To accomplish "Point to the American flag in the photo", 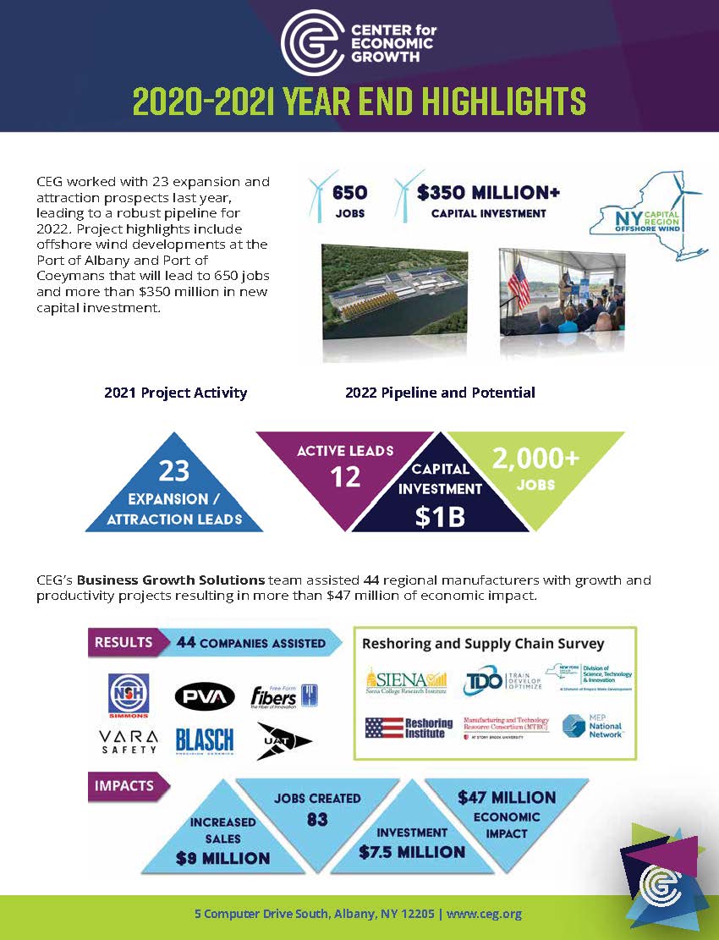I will click(x=520, y=283).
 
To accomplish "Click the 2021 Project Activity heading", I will click(x=175, y=393).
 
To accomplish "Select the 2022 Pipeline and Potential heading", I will click(x=440, y=393).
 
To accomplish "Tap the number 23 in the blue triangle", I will click(x=173, y=470).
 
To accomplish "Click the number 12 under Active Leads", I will click(x=344, y=476).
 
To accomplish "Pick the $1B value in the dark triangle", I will click(x=440, y=516).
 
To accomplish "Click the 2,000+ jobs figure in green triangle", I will click(x=536, y=459).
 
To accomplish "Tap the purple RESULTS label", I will click(x=123, y=642).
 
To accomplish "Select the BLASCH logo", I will click(x=204, y=741).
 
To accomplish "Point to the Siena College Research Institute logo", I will click(x=405, y=681).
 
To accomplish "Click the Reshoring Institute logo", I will click(x=409, y=728).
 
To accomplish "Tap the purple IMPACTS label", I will click(x=124, y=785).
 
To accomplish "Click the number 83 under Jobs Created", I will click(x=316, y=818).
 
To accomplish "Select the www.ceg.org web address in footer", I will click(x=484, y=914).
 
